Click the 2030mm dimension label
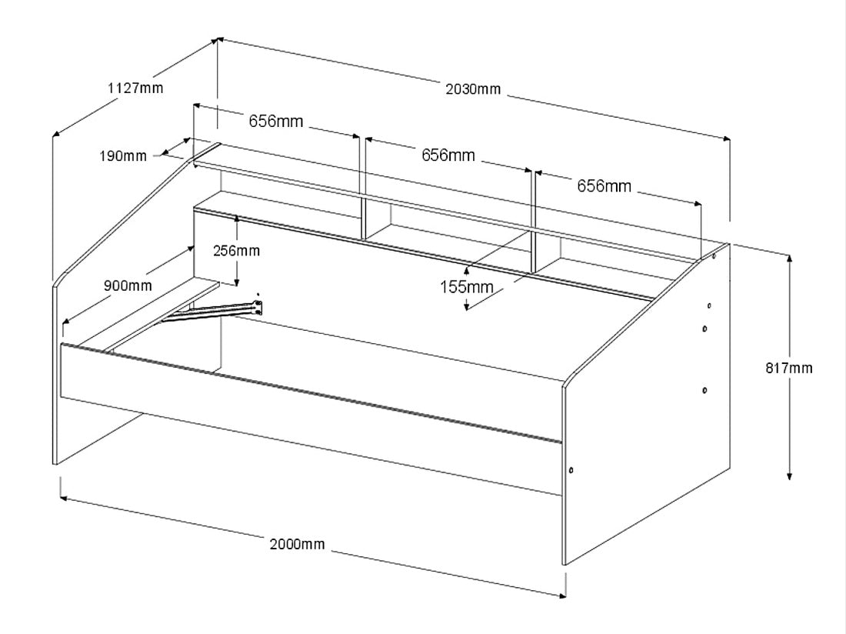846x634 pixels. [473, 89]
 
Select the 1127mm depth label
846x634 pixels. [135, 88]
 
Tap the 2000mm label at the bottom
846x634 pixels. [297, 545]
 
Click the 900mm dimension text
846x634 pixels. [128, 285]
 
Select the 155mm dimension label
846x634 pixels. [466, 287]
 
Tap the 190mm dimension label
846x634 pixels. [122, 156]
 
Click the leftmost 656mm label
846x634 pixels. [275, 121]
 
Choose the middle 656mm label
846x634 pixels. [448, 155]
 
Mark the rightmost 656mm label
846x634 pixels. [604, 185]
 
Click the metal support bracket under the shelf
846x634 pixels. [215, 312]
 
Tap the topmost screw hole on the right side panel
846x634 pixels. [714, 257]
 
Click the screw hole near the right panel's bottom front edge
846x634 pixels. [571, 469]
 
